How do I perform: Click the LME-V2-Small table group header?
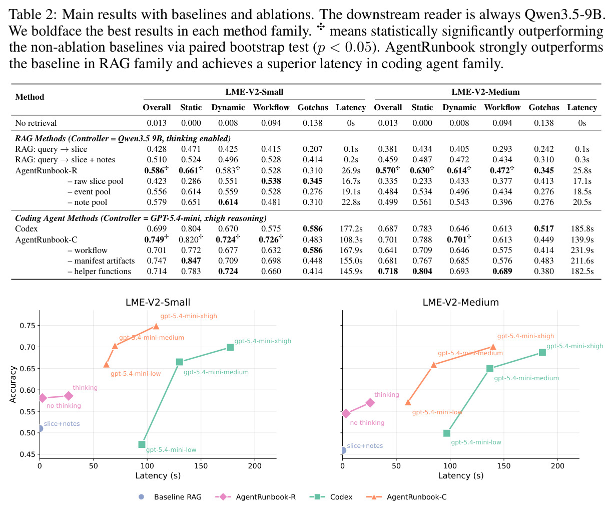[x=254, y=92]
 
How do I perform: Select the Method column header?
[x=30, y=97]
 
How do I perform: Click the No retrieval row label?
[x=36, y=123]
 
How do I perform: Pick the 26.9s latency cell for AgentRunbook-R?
[x=351, y=170]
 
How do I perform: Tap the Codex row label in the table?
[x=27, y=229]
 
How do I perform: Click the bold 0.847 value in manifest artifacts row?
[x=191, y=261]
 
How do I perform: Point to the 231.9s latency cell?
[x=582, y=250]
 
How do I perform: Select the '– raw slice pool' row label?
[x=95, y=181]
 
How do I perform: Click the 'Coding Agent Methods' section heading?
[x=141, y=218]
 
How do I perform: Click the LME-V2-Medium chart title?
[x=461, y=303]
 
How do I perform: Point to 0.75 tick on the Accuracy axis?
[x=28, y=326]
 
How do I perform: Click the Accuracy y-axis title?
[x=13, y=384]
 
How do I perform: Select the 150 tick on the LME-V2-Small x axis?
[x=201, y=466]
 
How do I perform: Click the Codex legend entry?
[x=331, y=497]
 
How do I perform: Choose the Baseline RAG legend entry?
[x=170, y=497]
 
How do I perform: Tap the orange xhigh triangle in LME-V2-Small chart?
[x=156, y=326]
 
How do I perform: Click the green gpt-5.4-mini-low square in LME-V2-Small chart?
[x=142, y=444]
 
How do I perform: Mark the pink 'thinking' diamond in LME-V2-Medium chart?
[x=370, y=402]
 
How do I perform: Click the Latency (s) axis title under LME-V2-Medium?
[x=461, y=476]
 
